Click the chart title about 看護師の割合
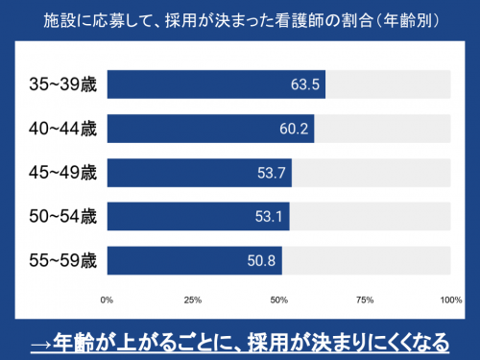240,19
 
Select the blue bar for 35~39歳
216,84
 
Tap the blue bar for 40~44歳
210,129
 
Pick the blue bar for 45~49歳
199,173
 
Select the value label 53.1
269,217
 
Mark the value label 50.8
261,261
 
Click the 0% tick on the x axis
108,300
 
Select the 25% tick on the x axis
193,300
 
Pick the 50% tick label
278,300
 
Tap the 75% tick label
365,300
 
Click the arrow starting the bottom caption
40,339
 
